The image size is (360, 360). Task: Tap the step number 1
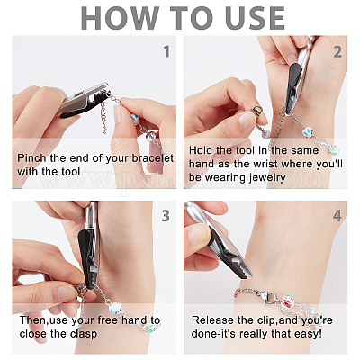(x=166, y=51)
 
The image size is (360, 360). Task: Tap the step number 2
(x=337, y=52)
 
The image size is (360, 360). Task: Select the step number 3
(x=166, y=216)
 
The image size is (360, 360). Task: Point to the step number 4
(x=337, y=216)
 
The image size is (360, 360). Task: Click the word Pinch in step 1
(x=31, y=158)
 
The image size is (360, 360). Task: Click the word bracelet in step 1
(x=153, y=158)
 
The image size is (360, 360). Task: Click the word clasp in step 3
(x=84, y=334)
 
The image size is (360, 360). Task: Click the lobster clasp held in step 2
(x=256, y=113)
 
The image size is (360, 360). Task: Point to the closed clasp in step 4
(x=270, y=297)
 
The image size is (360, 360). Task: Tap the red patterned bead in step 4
(x=286, y=300)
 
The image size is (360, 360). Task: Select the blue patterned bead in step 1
(x=136, y=119)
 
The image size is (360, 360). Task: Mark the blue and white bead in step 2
(x=307, y=132)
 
